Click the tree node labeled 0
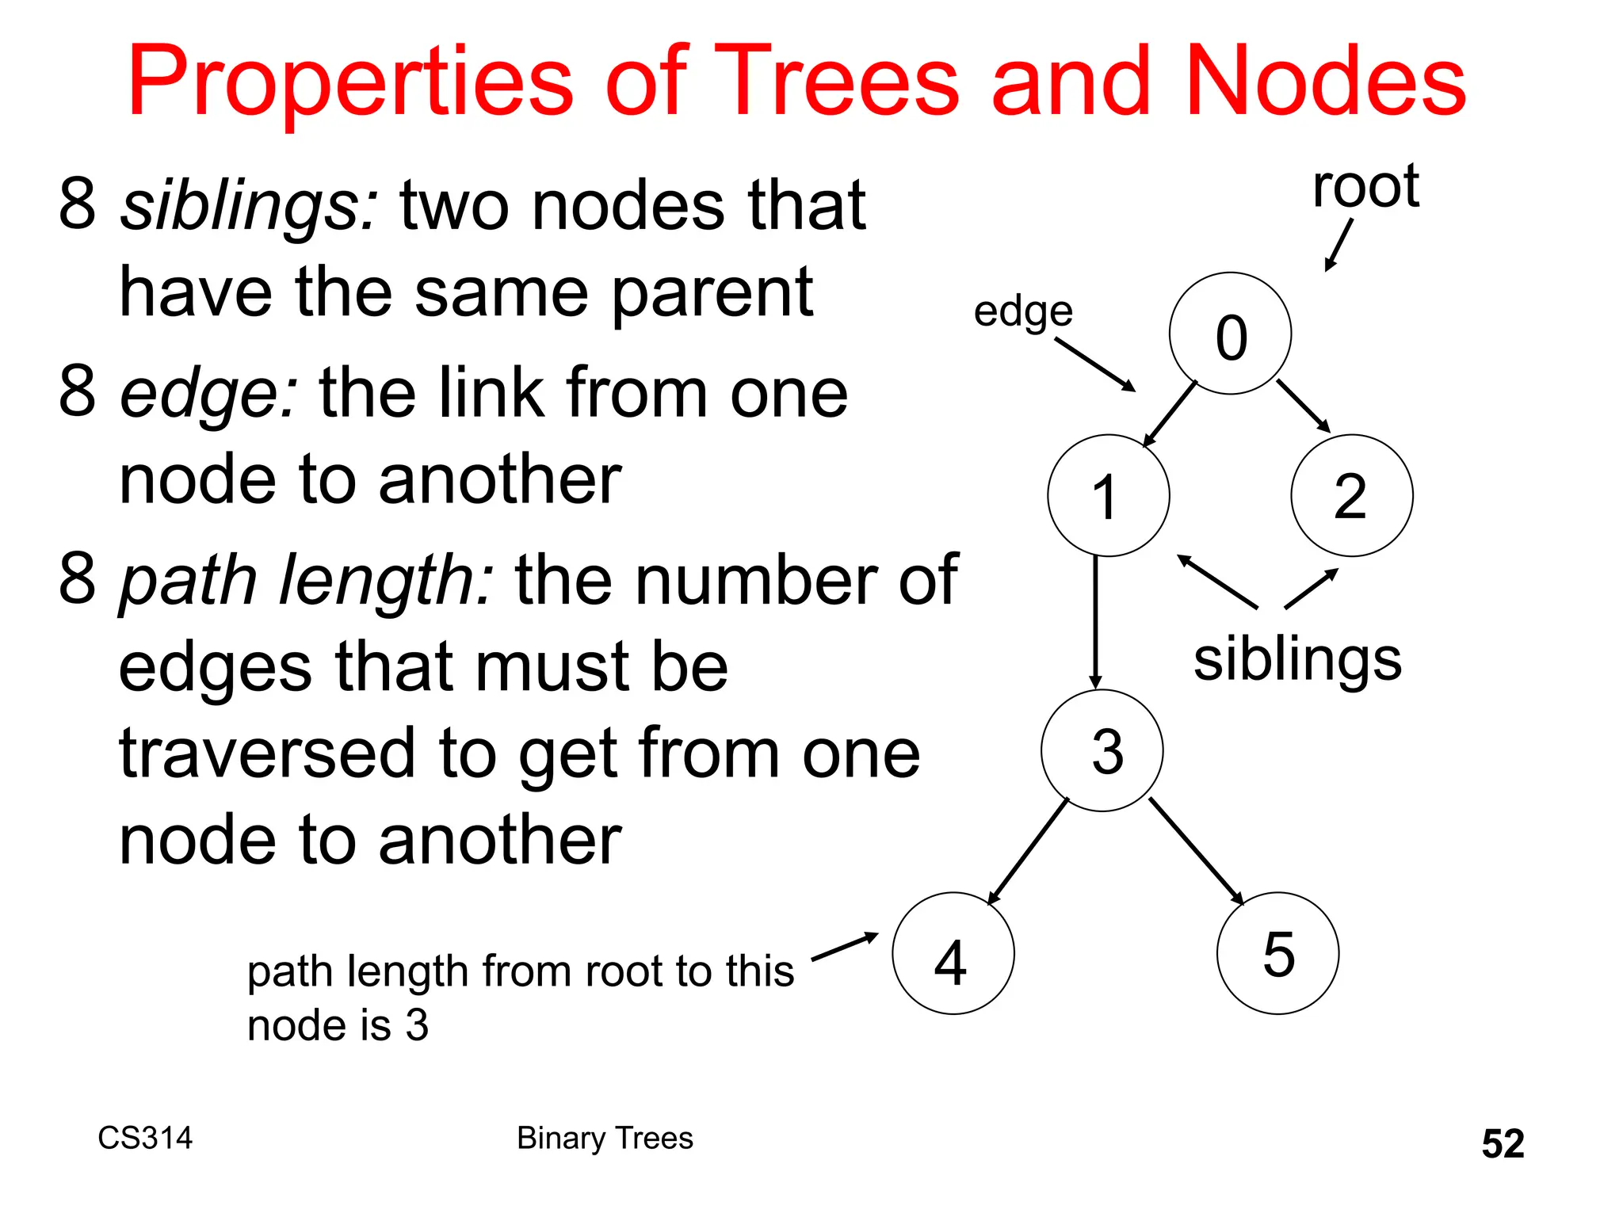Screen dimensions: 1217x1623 tap(1230, 334)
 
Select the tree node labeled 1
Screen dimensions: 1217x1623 tap(1108, 495)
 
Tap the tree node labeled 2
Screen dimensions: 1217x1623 tap(1351, 495)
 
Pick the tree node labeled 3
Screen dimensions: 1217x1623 tap(1102, 750)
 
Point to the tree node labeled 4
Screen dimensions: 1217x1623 tap(953, 953)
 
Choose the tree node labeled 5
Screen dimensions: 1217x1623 tap(1277, 953)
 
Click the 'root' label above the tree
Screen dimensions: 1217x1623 tap(1365, 187)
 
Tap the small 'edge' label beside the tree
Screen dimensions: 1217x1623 tap(1023, 311)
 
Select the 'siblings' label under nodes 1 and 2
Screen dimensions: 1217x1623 tap(1297, 660)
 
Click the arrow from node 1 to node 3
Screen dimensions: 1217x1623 tap(1095, 622)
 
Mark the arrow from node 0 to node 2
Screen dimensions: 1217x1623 tap(1303, 406)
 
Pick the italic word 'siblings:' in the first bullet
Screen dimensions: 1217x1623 tap(249, 206)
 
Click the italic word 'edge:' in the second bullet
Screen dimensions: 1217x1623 tap(208, 393)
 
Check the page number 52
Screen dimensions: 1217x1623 tap(1503, 1143)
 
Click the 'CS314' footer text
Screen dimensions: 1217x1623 tap(145, 1138)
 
